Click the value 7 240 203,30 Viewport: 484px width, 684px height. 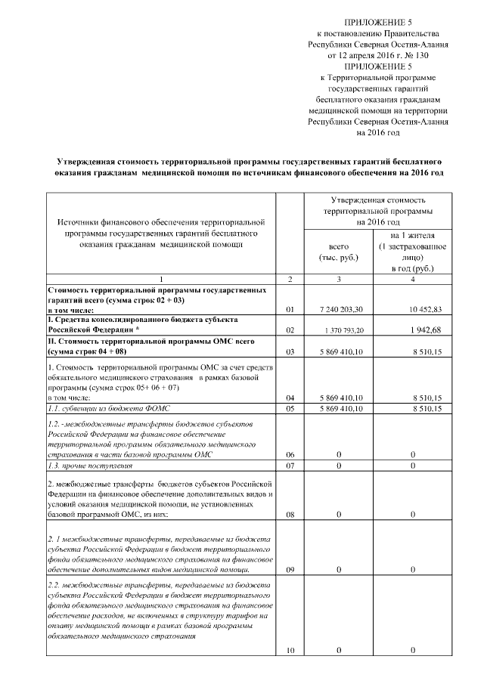[x=339, y=310]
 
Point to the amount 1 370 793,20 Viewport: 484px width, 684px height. [x=339, y=331]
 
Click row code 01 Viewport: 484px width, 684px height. [x=290, y=310]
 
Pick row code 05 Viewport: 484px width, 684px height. [x=290, y=409]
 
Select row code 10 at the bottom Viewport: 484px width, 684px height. [x=290, y=650]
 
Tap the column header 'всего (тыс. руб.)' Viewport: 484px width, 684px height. [x=339, y=252]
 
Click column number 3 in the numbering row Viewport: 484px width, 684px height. [x=339, y=280]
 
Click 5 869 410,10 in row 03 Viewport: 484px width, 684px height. [x=339, y=351]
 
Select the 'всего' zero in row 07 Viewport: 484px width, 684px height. [x=339, y=466]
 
